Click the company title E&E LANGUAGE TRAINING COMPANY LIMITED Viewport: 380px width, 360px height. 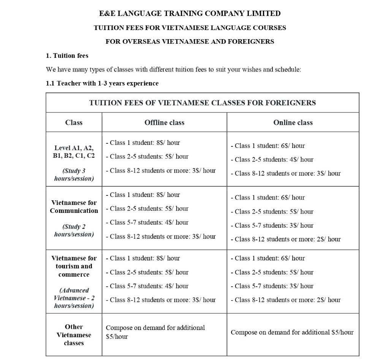[190, 14]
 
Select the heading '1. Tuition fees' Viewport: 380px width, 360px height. [67, 56]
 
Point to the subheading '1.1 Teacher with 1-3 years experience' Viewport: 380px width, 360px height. [102, 83]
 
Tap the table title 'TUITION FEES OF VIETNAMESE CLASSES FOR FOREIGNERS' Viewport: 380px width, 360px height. [202, 103]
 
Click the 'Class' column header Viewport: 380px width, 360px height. [74, 122]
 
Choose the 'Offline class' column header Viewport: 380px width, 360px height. [164, 122]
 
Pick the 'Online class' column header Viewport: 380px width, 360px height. [293, 122]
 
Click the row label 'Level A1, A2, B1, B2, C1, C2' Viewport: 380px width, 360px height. [74, 152]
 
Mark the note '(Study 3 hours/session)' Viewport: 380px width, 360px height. [74, 175]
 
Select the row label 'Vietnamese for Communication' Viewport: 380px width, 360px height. [74, 207]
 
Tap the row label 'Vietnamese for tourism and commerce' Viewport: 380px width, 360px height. [74, 266]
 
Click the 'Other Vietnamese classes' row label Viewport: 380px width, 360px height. [74, 335]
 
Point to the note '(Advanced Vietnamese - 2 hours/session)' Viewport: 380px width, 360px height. [74, 298]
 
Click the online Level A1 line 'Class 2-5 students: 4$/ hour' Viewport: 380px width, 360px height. [274, 160]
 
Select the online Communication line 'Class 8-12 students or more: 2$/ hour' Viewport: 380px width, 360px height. [287, 239]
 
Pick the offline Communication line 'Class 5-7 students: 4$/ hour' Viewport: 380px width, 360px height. [149, 222]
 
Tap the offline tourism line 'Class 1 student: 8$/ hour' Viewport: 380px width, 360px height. [144, 258]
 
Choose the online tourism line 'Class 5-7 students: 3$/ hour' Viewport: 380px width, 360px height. [274, 286]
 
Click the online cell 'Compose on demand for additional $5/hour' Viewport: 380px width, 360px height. [292, 332]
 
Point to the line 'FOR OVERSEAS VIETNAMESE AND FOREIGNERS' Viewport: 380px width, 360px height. [190, 41]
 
